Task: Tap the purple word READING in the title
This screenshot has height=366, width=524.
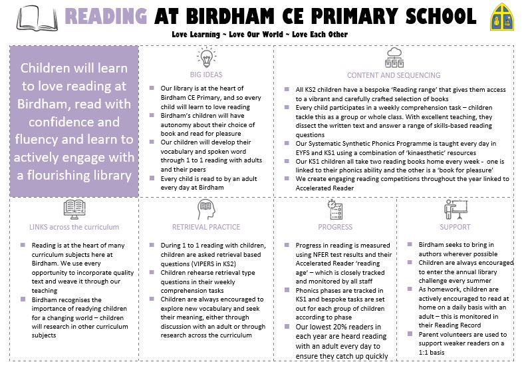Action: [106, 16]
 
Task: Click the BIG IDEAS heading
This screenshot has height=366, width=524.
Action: [205, 75]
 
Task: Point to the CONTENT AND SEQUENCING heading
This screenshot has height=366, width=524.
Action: [393, 75]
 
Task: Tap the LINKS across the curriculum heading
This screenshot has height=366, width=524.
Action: [74, 227]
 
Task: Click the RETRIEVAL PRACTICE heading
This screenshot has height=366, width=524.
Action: [205, 227]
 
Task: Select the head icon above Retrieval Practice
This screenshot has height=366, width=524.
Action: [205, 209]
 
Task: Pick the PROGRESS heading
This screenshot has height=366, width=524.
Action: [335, 227]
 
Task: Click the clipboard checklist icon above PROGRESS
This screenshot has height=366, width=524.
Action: [335, 208]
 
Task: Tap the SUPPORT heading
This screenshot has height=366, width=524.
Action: [455, 227]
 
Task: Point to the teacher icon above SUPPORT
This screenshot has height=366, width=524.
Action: [455, 209]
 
